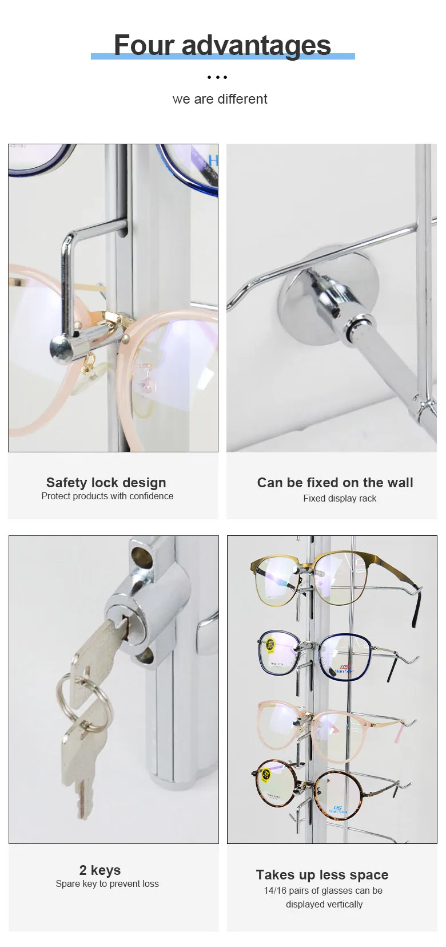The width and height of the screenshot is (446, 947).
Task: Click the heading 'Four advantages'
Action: coord(222,45)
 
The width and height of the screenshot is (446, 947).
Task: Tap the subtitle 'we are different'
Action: coord(220,99)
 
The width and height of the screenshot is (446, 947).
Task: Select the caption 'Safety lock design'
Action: coord(106,483)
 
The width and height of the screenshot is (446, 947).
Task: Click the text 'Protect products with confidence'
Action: coord(107,496)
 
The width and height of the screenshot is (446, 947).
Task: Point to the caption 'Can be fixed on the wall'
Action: coord(335,483)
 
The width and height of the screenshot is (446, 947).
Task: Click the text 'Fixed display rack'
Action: coord(340,499)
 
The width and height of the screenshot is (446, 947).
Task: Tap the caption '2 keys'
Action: coord(100,870)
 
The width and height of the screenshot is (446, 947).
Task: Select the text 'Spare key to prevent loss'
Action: coord(107,884)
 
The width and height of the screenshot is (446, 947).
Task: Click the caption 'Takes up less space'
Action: coord(322,875)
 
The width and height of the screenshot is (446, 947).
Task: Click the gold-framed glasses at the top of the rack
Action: coord(309,578)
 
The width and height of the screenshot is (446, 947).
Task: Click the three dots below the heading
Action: coord(217,77)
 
